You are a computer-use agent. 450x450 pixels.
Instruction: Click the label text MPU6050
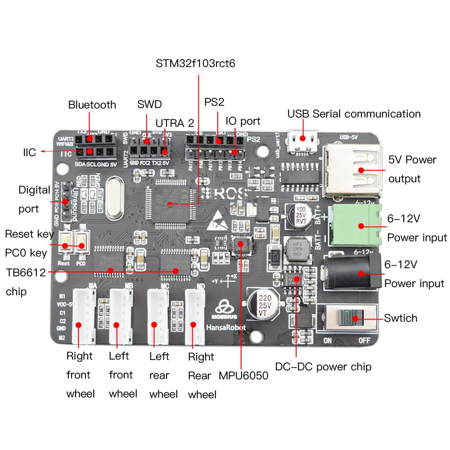243,375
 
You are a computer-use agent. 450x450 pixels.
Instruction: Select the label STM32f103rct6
195,63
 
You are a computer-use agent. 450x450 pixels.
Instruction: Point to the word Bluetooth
92,105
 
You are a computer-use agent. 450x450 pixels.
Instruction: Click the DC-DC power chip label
323,367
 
